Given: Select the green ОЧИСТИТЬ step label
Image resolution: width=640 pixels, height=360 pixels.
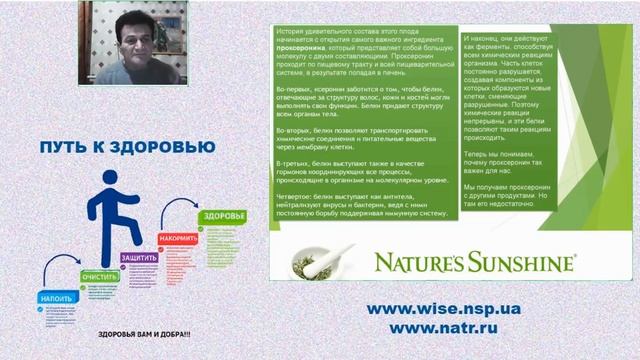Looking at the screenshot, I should [x=100, y=276].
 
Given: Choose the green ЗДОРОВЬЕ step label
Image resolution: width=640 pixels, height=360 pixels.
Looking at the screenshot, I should [x=218, y=217].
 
